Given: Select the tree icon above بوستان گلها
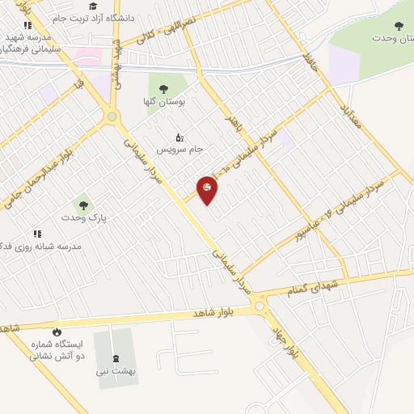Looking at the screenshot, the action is (163, 89).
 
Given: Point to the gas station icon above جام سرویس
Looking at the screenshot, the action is (179, 137).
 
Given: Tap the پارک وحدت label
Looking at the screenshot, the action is (84, 218).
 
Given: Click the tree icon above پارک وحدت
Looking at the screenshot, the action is (83, 205).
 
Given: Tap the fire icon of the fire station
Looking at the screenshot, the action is (56, 332).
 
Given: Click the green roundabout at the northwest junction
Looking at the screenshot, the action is (112, 117).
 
